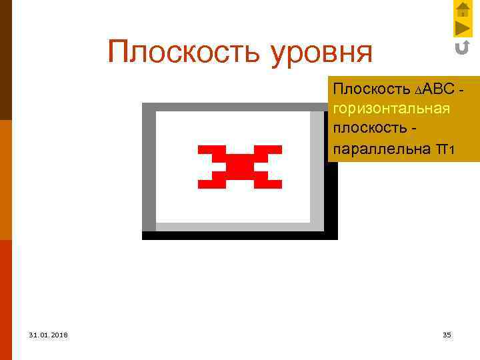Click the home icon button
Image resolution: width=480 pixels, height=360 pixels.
(463, 9)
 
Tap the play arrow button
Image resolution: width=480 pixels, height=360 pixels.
(463, 28)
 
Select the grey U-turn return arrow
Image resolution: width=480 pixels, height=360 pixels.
(462, 47)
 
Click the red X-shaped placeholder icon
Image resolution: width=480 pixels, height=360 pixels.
(240, 166)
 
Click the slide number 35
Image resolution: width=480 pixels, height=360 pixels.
(447, 334)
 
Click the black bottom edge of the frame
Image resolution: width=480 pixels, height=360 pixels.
(240, 235)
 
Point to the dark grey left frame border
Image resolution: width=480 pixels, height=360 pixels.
(149, 167)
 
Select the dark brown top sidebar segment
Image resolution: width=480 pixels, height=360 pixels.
(5, 60)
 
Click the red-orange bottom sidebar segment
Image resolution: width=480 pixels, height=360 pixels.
(5, 300)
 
